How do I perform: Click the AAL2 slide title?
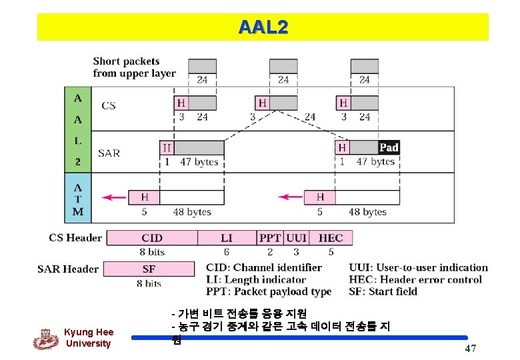point(263,27)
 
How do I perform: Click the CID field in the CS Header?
point(152,238)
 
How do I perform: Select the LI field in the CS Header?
point(227,238)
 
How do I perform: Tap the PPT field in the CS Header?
point(270,238)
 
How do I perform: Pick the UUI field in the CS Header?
point(296,238)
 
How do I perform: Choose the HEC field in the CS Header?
point(331,238)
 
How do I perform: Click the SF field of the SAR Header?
point(149,269)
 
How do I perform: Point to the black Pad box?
point(388,147)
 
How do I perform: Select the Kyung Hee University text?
point(88,338)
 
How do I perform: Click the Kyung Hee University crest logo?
point(45,339)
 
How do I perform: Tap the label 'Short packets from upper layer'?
point(134,67)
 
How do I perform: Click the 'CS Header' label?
point(75,238)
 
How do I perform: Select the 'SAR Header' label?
point(68,269)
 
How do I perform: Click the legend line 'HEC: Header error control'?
point(415,279)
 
